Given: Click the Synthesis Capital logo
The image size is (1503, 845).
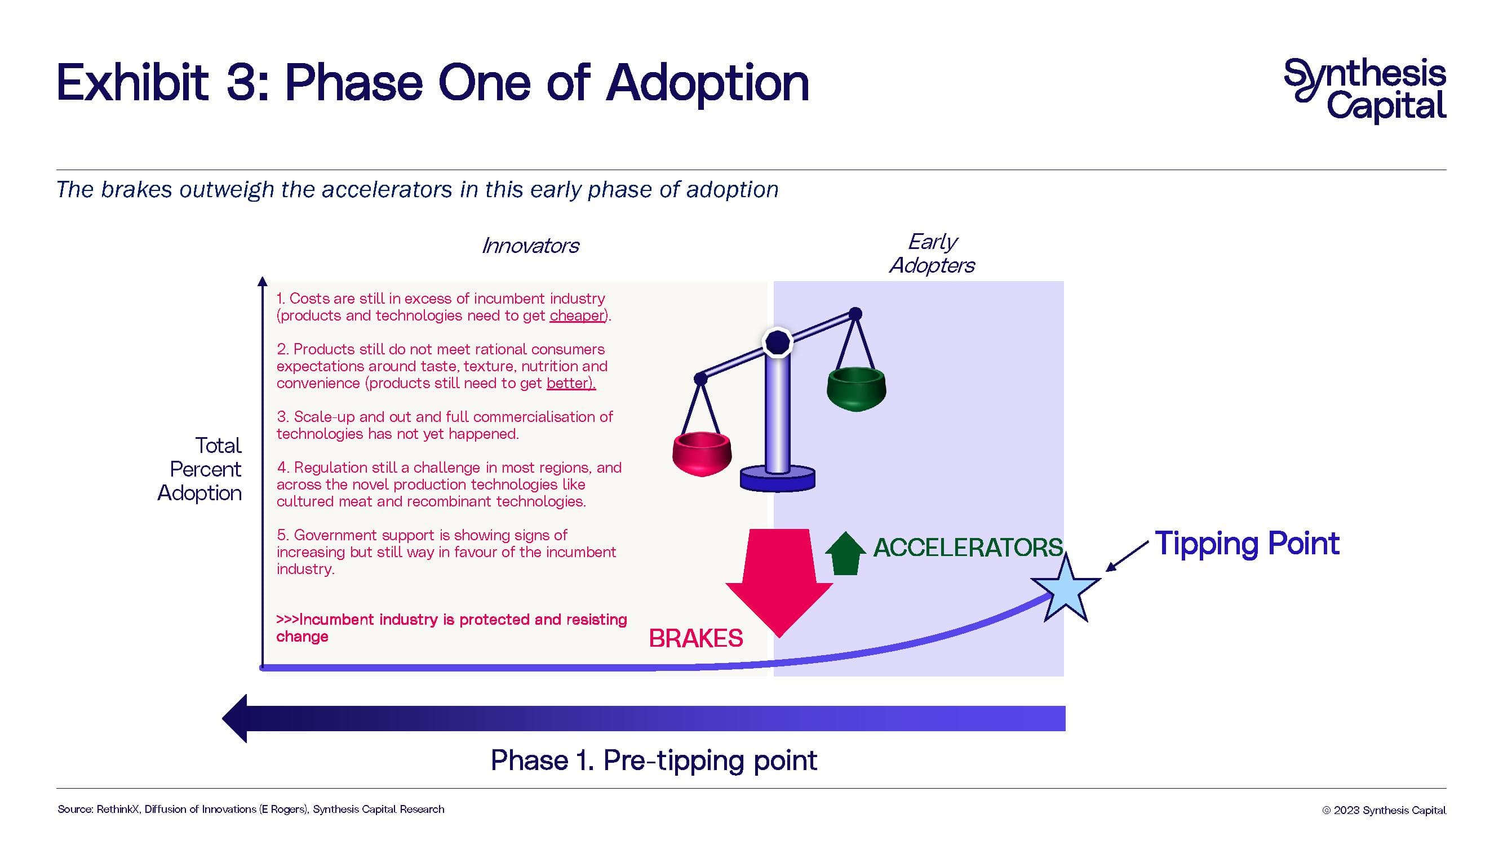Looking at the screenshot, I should pyautogui.click(x=1365, y=90).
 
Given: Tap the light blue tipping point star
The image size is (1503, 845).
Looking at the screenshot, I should pyautogui.click(x=1066, y=589).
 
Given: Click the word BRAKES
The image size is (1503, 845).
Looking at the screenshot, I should pyautogui.click(x=695, y=639).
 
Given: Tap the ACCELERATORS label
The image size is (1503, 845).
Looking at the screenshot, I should pyautogui.click(x=968, y=547).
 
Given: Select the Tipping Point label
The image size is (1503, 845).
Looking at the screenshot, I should pyautogui.click(x=1247, y=544).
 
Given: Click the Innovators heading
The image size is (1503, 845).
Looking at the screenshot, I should pyautogui.click(x=530, y=246).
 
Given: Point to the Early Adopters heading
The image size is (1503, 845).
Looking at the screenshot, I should pyautogui.click(x=932, y=253).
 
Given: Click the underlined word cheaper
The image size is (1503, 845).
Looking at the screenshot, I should pyautogui.click(x=577, y=315).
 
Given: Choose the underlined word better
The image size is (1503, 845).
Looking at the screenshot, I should pyautogui.click(x=570, y=383).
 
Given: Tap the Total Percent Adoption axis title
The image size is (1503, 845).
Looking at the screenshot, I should pyautogui.click(x=201, y=469).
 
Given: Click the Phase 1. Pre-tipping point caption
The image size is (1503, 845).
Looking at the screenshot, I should pyautogui.click(x=654, y=760).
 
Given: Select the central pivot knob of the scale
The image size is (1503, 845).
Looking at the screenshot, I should pyautogui.click(x=778, y=342).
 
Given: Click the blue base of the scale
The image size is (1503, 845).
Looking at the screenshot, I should pyautogui.click(x=777, y=479).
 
